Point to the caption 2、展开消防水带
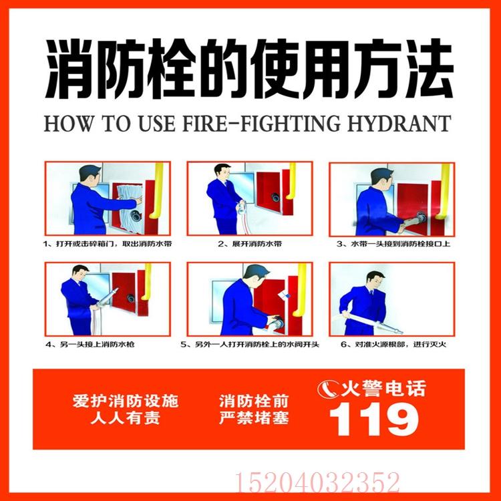(249, 244)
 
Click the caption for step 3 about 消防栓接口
(392, 244)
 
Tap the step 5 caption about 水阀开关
(249, 345)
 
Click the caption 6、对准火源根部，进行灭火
(392, 345)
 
